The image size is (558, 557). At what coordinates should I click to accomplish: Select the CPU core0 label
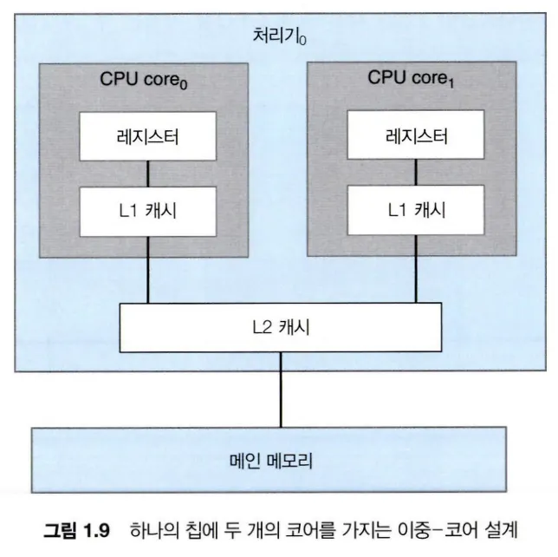point(147,80)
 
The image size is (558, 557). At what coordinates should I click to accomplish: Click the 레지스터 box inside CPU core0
point(146,136)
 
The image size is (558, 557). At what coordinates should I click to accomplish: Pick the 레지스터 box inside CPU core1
point(414,136)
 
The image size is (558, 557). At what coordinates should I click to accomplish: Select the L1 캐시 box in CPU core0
point(146,211)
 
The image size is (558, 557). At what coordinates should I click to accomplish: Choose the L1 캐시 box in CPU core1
point(414,211)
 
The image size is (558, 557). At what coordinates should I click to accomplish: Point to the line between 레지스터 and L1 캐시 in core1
point(414,174)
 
